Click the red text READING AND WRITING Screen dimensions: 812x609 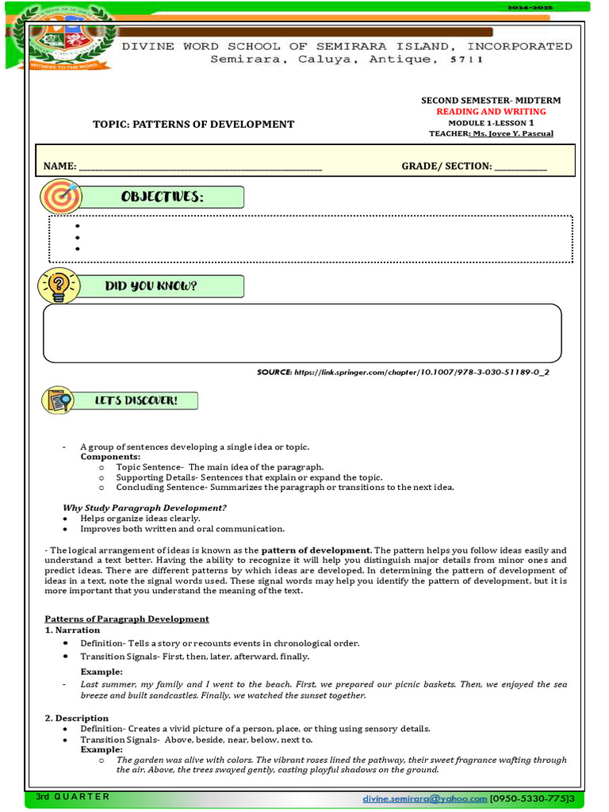[491, 112]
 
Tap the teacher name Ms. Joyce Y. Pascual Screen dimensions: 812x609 [512, 134]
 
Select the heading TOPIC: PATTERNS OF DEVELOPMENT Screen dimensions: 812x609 [193, 124]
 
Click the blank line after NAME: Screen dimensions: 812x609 [200, 167]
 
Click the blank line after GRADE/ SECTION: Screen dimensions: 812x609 [521, 167]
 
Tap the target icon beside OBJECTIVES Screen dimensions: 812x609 [60, 196]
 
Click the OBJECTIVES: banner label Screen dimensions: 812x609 [162, 197]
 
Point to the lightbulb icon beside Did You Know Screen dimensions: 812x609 [59, 285]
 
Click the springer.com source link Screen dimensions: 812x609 [420, 371]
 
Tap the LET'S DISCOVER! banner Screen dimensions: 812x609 [136, 401]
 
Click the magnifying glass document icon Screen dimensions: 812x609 [59, 400]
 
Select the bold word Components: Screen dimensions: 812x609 [110, 458]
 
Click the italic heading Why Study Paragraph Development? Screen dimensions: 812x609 [144, 507]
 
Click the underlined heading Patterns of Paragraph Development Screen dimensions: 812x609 [126, 619]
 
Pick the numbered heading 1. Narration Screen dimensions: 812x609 [72, 630]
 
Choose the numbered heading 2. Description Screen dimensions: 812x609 [76, 718]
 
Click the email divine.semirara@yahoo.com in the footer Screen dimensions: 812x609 [424, 798]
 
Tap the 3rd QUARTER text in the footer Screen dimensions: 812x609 [72, 796]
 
